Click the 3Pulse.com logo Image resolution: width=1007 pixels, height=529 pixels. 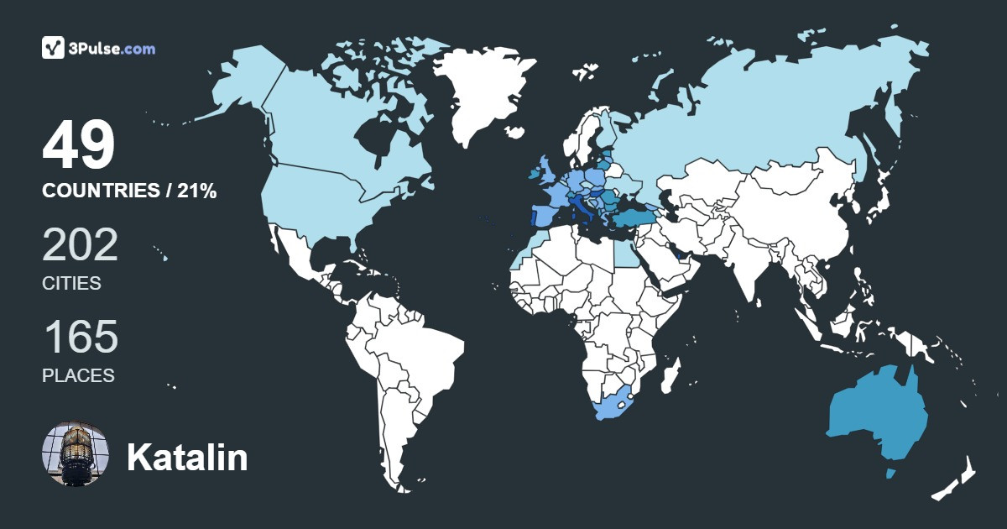pyautogui.click(x=98, y=48)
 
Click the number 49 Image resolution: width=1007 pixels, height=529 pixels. pyautogui.click(x=78, y=146)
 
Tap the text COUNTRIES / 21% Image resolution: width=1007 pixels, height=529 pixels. pyautogui.click(x=129, y=191)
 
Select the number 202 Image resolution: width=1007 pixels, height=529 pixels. pyautogui.click(x=80, y=245)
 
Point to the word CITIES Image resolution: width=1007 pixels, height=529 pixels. pyautogui.click(x=71, y=284)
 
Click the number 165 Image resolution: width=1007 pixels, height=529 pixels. pyautogui.click(x=80, y=338)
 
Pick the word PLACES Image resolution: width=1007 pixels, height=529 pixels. pyautogui.click(x=78, y=376)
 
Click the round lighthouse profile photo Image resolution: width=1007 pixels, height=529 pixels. pyautogui.click(x=76, y=455)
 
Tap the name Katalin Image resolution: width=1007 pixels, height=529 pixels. pyautogui.click(x=187, y=458)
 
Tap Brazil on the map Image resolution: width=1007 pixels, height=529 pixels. pyautogui.click(x=420, y=353)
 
